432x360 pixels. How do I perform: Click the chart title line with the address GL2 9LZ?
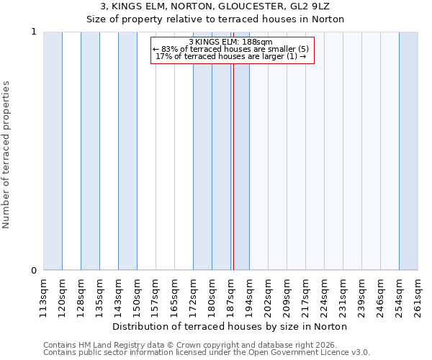pos(215,6)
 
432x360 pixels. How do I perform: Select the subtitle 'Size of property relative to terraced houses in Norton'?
pos(215,19)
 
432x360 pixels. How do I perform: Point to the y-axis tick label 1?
pos(33,32)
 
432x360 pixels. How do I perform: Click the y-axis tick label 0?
pos(33,271)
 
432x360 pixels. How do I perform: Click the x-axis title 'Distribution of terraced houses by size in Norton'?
pos(230,326)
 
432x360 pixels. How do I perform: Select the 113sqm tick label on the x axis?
pos(43,296)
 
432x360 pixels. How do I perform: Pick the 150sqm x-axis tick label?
pos(137,296)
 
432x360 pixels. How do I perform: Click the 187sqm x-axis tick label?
pos(230,296)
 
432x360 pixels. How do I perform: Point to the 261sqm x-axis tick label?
pos(418,296)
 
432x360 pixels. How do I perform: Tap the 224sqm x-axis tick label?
pos(324,296)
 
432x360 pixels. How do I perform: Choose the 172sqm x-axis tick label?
pos(193,296)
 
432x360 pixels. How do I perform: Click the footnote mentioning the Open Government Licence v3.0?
pos(207,353)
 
